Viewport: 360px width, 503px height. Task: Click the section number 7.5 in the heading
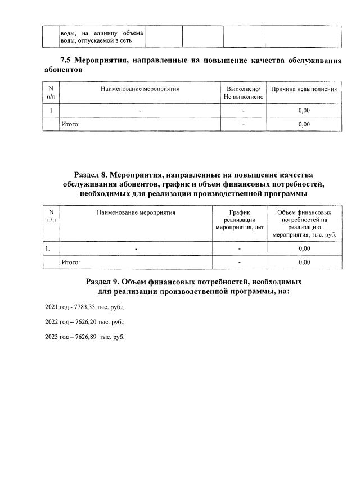point(66,61)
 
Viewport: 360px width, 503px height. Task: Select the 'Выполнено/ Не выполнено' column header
point(244,93)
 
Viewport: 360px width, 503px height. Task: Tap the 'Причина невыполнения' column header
point(304,89)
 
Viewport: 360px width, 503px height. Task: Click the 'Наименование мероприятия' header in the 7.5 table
point(140,89)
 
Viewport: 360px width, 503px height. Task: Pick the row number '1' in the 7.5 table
point(51,111)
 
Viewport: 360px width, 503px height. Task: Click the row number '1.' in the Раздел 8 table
point(49,248)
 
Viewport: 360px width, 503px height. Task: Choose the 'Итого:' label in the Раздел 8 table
point(70,261)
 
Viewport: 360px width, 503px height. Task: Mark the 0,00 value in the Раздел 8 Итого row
point(304,261)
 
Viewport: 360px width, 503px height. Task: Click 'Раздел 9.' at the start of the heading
point(105,281)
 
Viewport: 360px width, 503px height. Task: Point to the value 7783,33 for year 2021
point(87,307)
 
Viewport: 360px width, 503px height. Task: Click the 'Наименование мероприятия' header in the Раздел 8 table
point(136,212)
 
